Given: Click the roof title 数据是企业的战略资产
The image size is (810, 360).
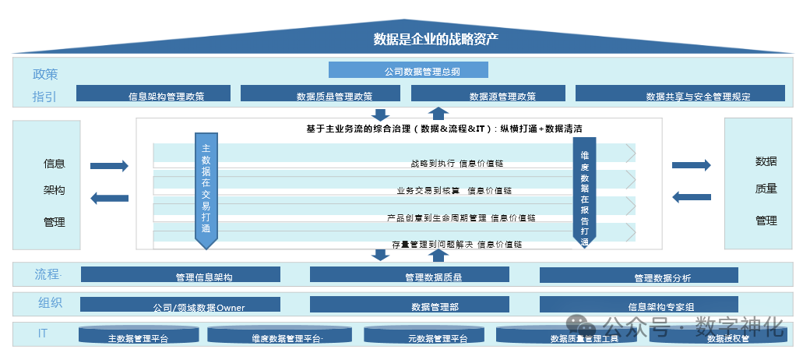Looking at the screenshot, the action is (435, 39).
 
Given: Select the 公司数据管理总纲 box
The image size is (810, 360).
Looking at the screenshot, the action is (408, 70).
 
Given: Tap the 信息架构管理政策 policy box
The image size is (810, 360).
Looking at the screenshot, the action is (154, 94).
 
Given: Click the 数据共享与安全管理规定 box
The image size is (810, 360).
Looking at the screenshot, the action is (680, 94).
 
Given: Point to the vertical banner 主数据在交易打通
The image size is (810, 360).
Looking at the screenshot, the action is (206, 189).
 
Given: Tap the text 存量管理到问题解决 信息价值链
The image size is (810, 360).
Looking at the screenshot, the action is (456, 244).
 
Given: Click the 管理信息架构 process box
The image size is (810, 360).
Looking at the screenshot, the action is (181, 275).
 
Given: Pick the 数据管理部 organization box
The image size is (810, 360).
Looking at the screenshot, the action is (410, 305).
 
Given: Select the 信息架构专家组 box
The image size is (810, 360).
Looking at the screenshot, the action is (639, 305).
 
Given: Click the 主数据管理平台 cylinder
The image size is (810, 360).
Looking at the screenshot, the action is (138, 336).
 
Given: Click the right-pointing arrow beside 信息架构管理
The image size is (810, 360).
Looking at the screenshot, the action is (109, 165).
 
